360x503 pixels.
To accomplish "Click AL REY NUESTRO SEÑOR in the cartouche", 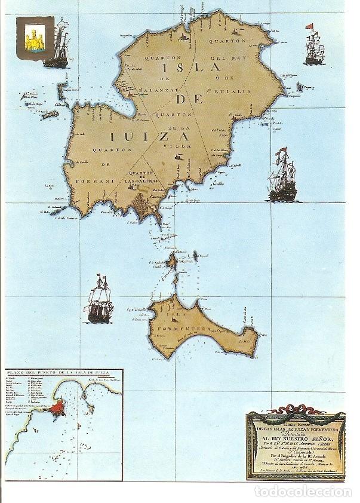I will [x=295, y=438].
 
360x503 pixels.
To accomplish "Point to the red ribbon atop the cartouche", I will [x=295, y=412].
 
